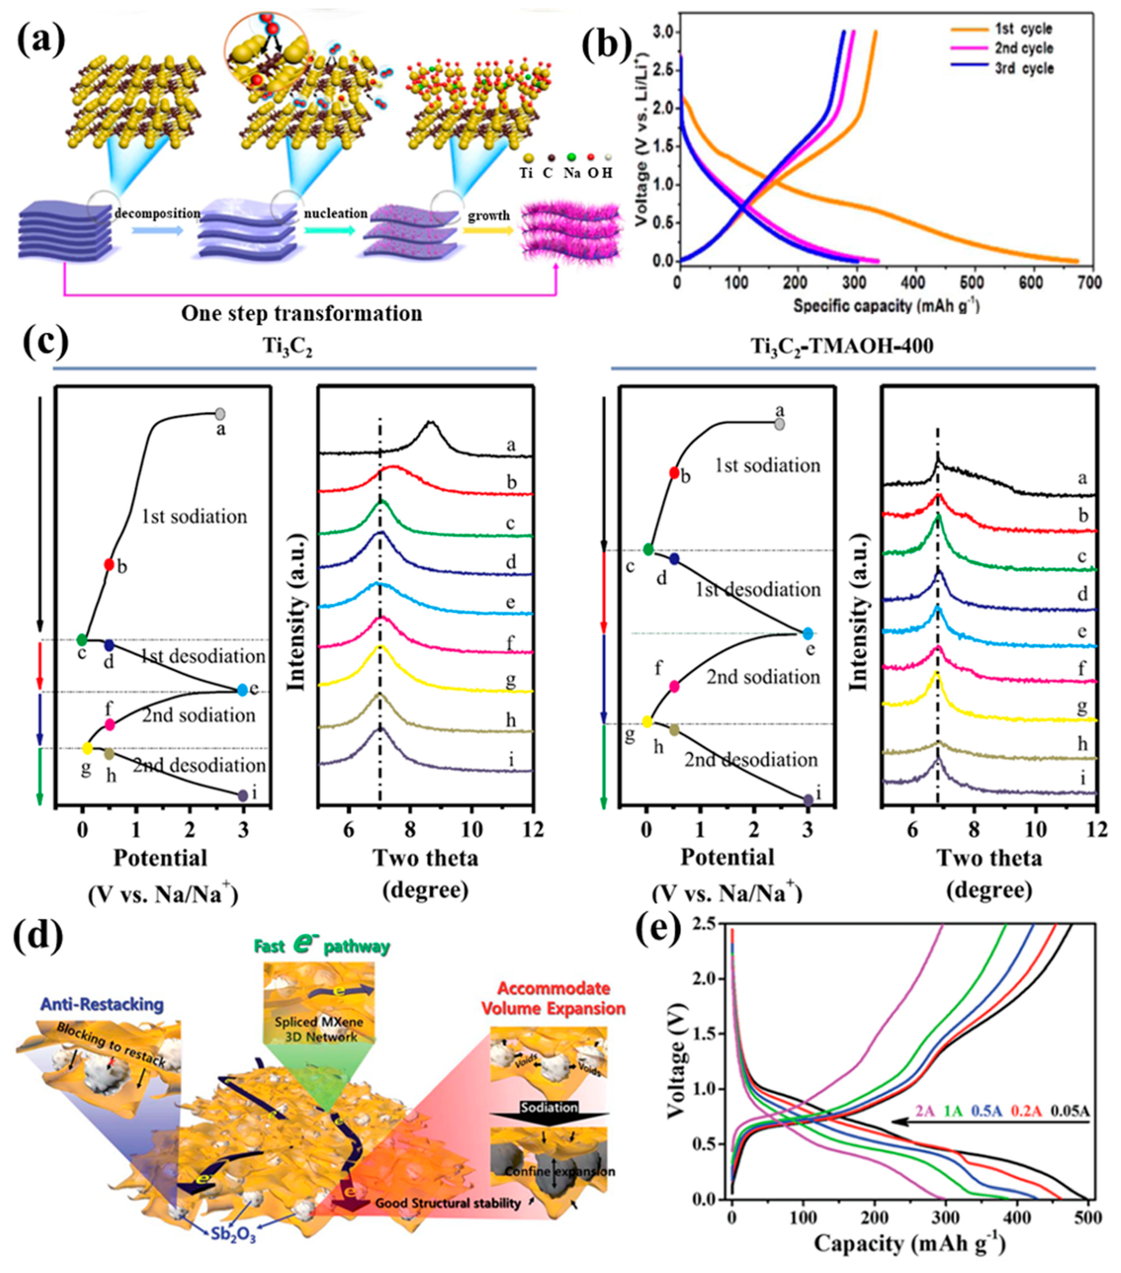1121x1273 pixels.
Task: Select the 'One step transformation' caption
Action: pyautogui.click(x=302, y=313)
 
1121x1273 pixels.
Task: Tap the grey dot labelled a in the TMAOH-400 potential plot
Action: pyautogui.click(x=780, y=424)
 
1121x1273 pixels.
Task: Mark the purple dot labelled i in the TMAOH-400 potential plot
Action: pyautogui.click(x=809, y=800)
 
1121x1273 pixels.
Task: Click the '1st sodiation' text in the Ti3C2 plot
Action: pyautogui.click(x=194, y=516)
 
